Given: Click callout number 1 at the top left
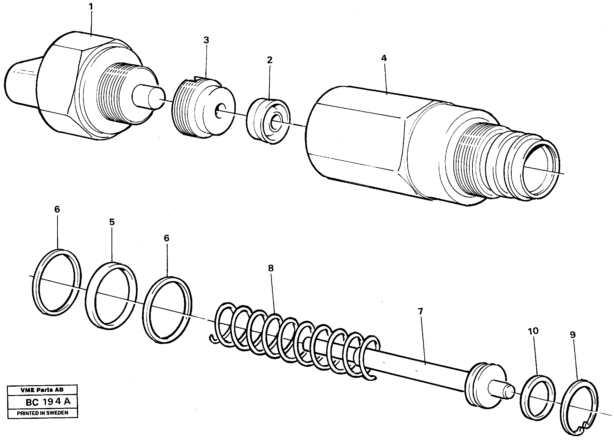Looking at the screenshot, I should click(x=91, y=7).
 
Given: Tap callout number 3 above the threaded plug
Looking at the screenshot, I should click(x=206, y=40).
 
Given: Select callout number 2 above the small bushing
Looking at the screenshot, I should click(x=269, y=60).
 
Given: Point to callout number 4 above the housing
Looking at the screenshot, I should click(x=384, y=58).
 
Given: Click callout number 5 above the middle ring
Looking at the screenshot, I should click(x=112, y=222).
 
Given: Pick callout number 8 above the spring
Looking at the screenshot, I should click(x=271, y=268).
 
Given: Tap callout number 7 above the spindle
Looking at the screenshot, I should click(x=420, y=312).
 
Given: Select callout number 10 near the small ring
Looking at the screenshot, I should click(x=533, y=331).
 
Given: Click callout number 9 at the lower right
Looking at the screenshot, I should click(x=572, y=335).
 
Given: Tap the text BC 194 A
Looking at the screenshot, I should click(x=48, y=402).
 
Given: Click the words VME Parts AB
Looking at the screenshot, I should click(x=42, y=390).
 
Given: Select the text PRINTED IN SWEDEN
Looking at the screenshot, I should click(x=43, y=413).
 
